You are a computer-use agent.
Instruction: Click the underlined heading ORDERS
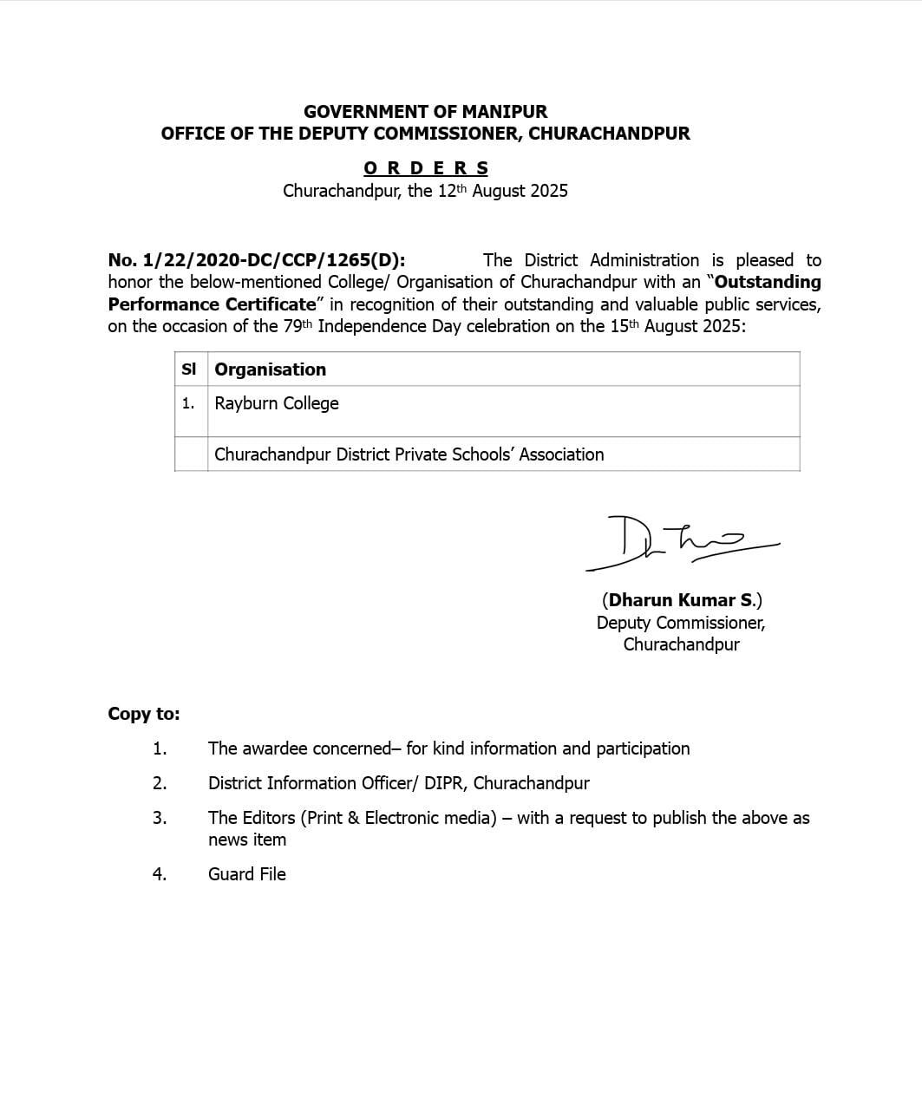(x=426, y=168)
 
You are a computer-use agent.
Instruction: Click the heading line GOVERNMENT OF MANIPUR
(x=425, y=112)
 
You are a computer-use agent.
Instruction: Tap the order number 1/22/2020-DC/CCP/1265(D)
(x=256, y=260)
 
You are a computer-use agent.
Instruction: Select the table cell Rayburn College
(x=277, y=403)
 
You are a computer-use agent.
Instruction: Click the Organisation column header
(x=271, y=369)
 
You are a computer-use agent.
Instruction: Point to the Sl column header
(x=189, y=369)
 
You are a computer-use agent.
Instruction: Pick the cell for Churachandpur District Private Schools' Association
(x=409, y=454)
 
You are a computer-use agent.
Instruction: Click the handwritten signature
(x=681, y=543)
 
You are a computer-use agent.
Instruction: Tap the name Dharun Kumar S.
(x=682, y=600)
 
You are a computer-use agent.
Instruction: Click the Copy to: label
(x=144, y=714)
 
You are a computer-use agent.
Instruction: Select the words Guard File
(x=247, y=874)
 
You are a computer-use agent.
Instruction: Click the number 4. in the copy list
(x=160, y=874)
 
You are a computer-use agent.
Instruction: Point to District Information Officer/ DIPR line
(x=398, y=783)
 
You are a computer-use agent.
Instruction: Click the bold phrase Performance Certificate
(x=213, y=304)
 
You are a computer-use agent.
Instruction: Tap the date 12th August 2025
(x=502, y=191)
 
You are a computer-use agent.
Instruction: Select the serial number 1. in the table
(x=188, y=403)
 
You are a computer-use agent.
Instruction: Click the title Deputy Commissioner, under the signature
(x=680, y=623)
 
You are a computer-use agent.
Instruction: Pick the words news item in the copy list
(x=247, y=840)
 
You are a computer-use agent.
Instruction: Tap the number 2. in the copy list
(x=160, y=783)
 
